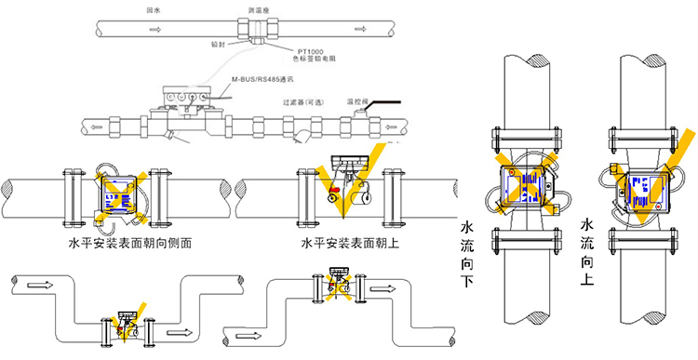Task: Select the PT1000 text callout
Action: [314, 51]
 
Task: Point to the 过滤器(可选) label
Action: [304, 102]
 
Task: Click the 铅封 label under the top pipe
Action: [219, 44]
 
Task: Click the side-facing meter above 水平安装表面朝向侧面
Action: [119, 193]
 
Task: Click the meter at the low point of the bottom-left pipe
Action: [128, 327]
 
